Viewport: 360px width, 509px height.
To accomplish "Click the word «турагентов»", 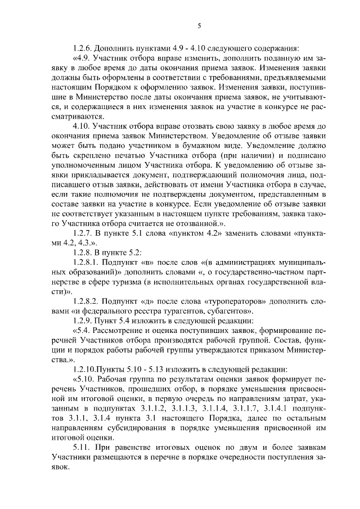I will [182, 310].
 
